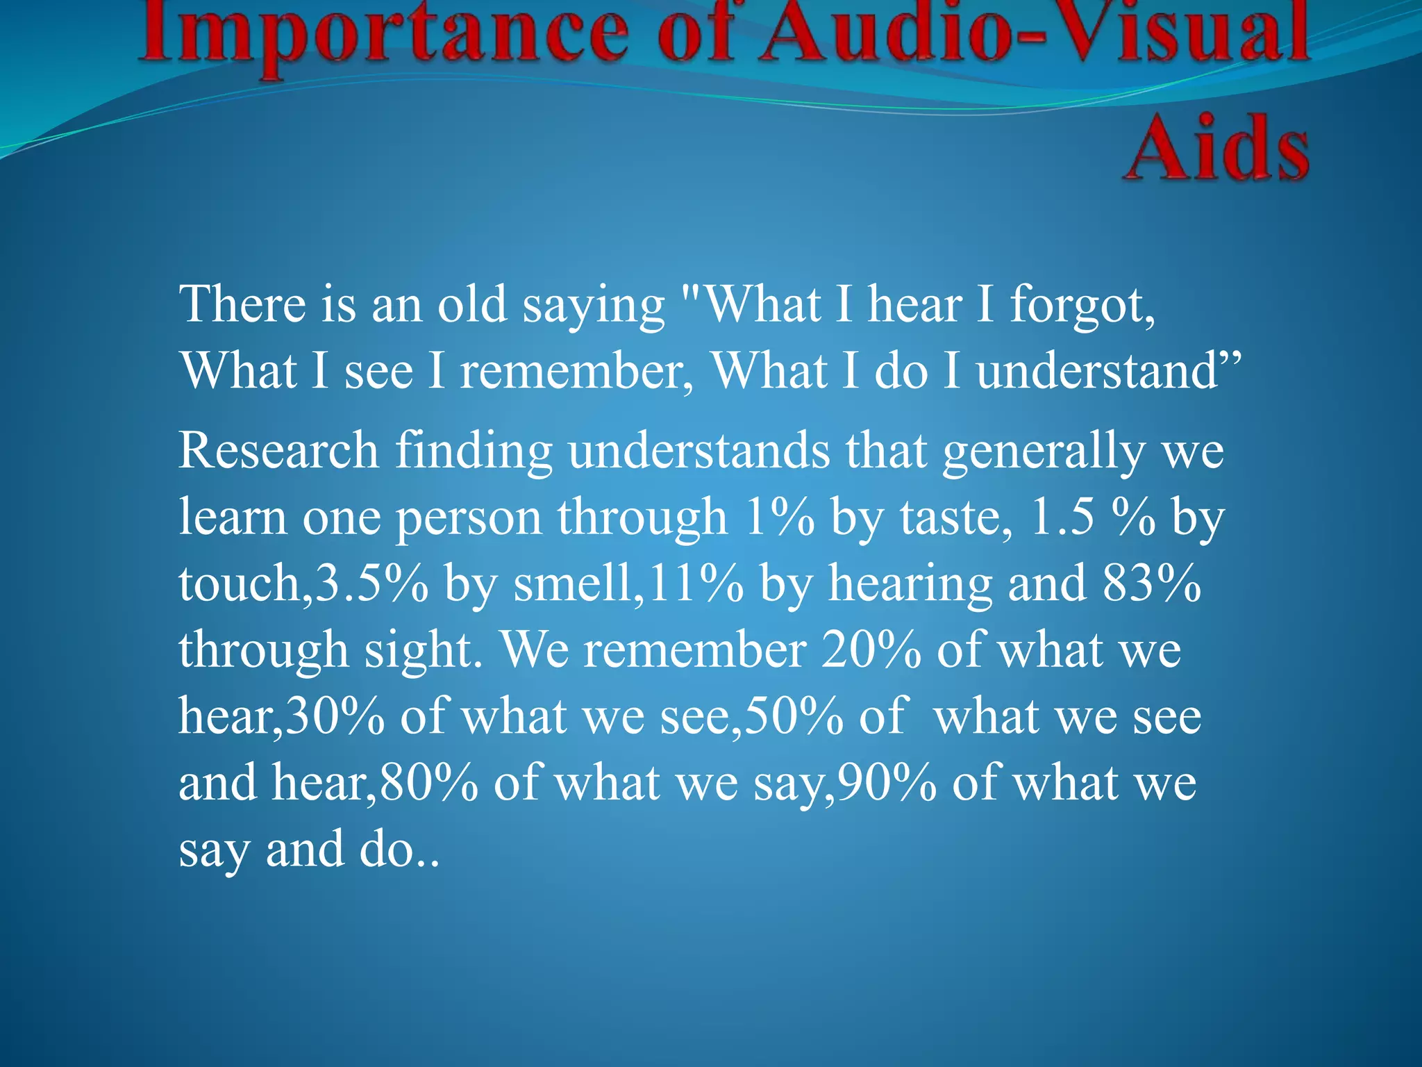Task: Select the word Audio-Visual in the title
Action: click(x=1035, y=31)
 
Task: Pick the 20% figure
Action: click(x=871, y=650)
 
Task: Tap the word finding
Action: click(x=474, y=452)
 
